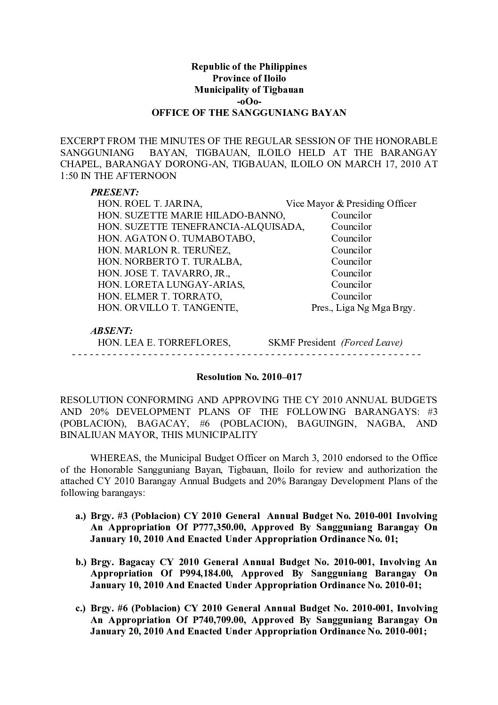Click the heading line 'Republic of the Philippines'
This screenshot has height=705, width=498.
[x=249, y=66]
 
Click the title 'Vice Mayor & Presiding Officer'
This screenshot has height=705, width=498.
[x=351, y=204]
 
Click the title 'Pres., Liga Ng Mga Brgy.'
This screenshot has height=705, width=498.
[x=363, y=308]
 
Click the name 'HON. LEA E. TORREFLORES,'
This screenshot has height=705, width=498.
[x=164, y=343]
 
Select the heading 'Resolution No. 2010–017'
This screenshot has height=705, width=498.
[x=249, y=377]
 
